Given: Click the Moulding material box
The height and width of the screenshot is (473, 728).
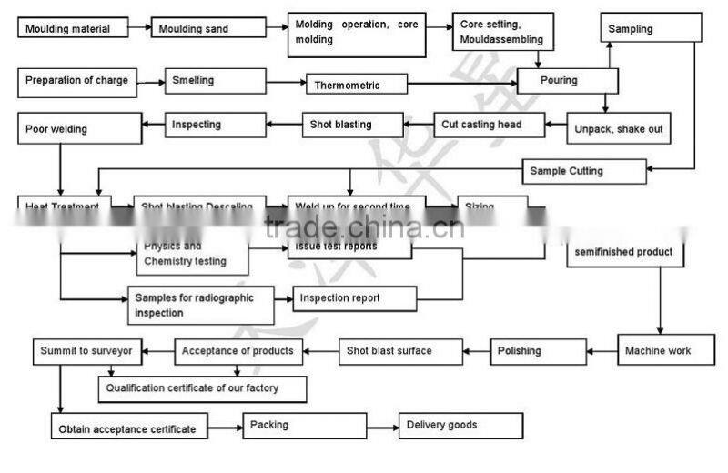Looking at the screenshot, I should pos(72,28).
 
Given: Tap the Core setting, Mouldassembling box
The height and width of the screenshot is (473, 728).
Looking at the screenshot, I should pos(503,34).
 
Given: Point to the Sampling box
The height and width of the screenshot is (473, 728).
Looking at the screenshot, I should pos(651,28).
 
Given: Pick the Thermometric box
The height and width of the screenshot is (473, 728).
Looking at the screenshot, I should pos(355,86).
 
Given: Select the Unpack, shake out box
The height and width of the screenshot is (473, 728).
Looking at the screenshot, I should pos(618,128).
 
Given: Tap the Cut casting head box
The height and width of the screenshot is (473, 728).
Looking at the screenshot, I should pos(489,125).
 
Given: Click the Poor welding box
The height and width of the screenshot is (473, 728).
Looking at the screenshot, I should pos(79,128).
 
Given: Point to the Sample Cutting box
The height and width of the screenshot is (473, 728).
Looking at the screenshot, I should pos(584,170).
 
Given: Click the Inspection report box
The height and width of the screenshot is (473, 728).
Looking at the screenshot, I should pos(354,298).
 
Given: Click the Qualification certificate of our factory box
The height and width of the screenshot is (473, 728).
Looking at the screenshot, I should pos(202,388).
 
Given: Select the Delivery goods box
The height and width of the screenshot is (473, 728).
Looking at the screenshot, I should pos(460,425).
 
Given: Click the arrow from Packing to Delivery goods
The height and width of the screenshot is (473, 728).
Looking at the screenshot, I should pos(382,425).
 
